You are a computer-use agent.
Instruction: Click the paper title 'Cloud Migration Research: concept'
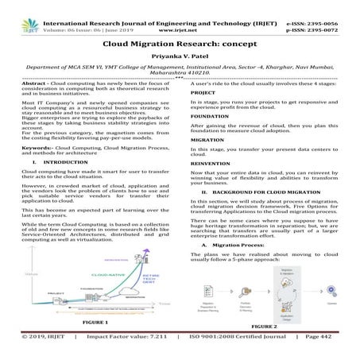(180, 48)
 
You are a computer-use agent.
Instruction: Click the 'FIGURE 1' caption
(95, 325)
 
